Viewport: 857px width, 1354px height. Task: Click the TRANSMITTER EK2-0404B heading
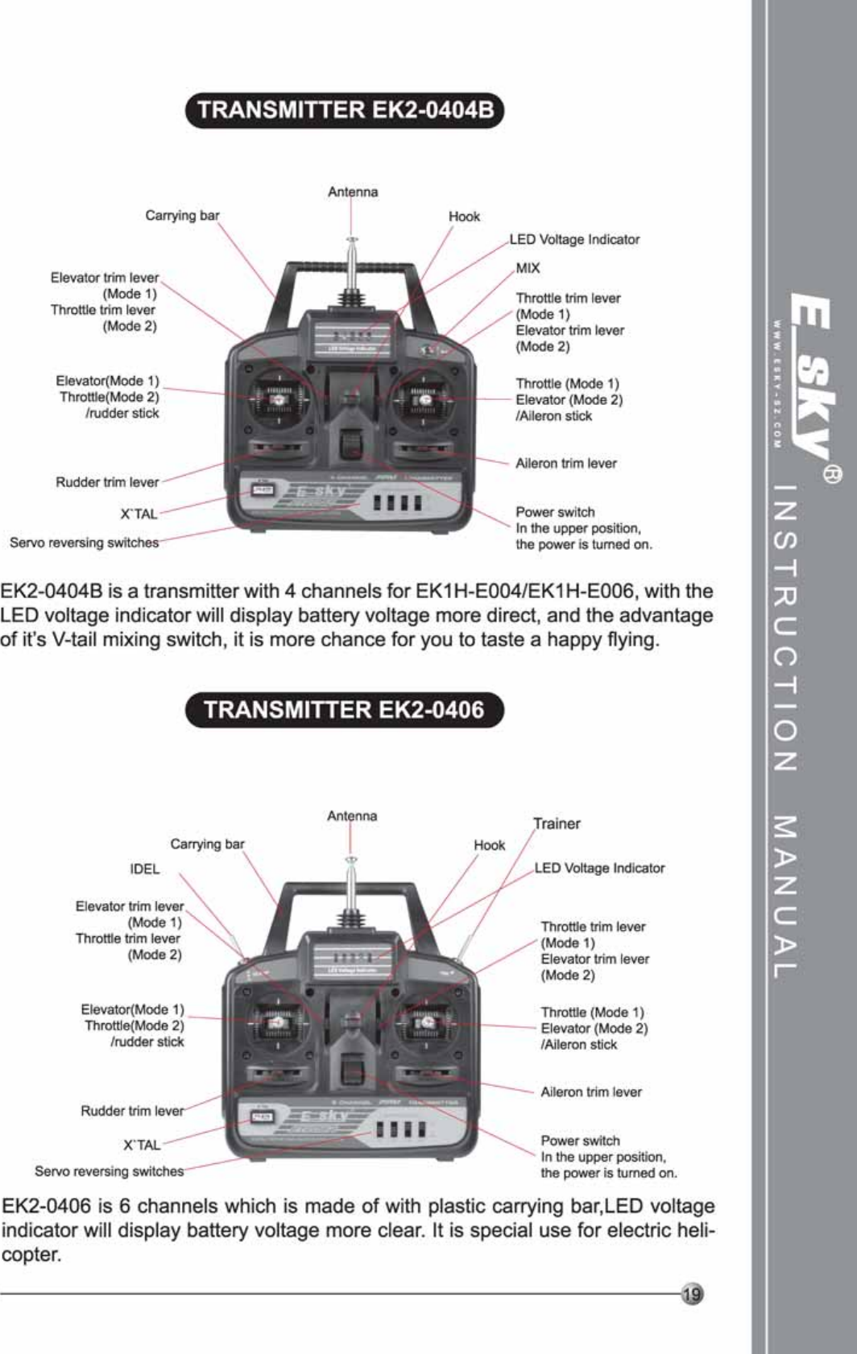pos(345,110)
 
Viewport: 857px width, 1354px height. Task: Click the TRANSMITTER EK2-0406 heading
pos(344,710)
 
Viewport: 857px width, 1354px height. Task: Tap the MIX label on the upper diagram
pos(528,268)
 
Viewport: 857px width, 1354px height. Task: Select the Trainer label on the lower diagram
pos(557,824)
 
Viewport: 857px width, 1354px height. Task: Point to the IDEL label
pos(145,869)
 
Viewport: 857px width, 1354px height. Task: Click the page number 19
pos(691,1294)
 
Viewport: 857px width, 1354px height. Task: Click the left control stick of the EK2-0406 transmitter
pos(277,1023)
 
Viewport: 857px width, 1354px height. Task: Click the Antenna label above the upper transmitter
pos(353,192)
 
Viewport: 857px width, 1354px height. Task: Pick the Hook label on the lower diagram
pos(489,845)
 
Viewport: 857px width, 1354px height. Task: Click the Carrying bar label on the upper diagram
pos(182,216)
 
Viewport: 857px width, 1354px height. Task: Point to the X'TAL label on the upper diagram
pos(139,514)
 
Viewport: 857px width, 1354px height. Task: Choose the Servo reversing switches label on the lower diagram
pos(109,1171)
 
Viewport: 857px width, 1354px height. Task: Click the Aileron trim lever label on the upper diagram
pos(566,464)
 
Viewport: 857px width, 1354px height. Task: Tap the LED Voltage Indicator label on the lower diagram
pos(600,869)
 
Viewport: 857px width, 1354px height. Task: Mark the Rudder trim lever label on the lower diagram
pos(132,1111)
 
